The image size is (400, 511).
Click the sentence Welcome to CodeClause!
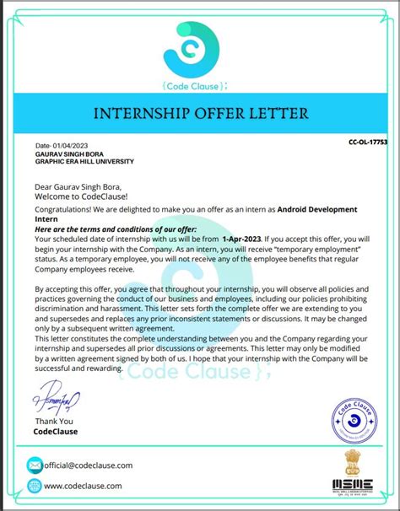78,196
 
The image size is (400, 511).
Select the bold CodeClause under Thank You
55,431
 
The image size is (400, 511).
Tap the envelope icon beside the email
35,465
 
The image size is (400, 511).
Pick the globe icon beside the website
35,486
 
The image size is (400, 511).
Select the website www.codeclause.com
83,486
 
